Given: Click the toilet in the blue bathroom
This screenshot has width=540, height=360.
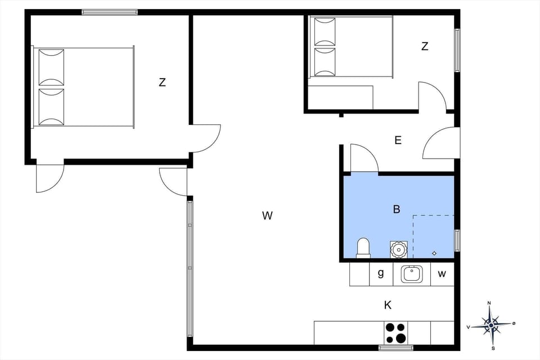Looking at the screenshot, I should pos(363,247).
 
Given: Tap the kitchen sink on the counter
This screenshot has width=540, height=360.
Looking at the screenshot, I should pos(412,274).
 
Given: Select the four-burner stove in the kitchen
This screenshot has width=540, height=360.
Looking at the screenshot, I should pos(396,332).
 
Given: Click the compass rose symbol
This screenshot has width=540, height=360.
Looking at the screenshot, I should pos(491,325).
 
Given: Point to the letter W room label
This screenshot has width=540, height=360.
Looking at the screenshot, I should pos(267,215).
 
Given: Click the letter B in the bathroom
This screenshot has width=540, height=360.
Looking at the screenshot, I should pos(397,209).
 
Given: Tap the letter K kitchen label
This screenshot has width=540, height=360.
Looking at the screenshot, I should pos(388,305).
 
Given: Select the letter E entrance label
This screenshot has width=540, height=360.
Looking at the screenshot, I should pos(398,141).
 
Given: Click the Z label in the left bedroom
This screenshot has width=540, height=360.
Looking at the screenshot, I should pos(162,82).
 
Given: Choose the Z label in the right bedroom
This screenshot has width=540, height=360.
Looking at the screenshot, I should pos(425,47).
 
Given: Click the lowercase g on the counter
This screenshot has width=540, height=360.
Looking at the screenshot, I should pos(381,274).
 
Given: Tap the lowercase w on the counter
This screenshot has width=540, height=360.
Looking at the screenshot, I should pos(442,274).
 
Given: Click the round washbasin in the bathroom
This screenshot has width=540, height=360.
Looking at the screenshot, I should pos(398,248).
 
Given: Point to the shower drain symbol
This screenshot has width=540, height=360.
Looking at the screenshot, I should pos(434,253).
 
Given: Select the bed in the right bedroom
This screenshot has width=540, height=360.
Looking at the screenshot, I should pos(350,47).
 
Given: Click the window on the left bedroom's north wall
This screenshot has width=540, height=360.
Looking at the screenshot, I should pos(110,12).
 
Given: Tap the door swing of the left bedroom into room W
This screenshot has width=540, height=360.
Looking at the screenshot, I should pos(205,138).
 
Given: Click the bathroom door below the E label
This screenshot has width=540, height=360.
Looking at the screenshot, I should pos(364,159).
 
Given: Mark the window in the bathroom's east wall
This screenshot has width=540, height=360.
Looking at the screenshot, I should pos(457,240).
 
